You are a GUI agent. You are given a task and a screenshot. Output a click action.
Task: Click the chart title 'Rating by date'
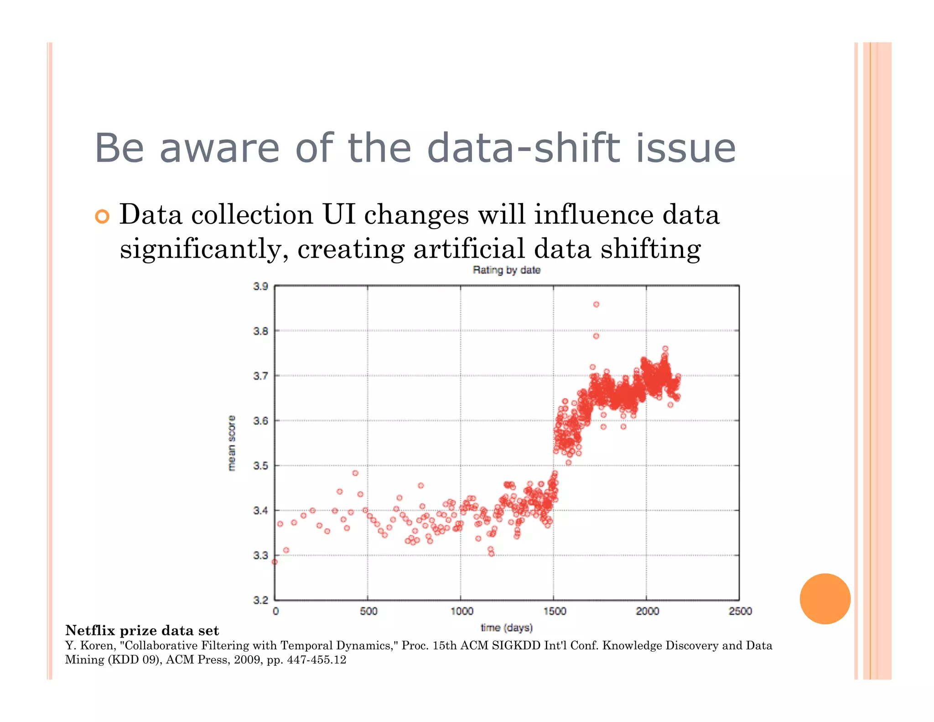(506, 270)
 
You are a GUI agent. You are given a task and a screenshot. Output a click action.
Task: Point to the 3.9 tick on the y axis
(260, 287)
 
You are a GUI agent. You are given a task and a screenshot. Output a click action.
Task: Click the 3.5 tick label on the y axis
(260, 466)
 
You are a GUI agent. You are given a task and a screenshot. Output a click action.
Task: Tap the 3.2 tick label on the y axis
(260, 600)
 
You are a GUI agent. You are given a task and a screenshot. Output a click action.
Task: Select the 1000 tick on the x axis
(462, 611)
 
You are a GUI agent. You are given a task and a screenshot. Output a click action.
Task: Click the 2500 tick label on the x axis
(740, 611)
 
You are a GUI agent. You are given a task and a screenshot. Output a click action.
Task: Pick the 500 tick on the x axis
(368, 611)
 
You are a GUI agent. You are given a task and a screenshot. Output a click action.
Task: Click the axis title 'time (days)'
(506, 628)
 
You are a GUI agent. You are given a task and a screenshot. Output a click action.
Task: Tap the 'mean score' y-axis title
(232, 443)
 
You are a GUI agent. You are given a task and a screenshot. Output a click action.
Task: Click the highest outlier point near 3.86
(596, 304)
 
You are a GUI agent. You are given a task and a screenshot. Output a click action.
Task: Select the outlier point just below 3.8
(596, 336)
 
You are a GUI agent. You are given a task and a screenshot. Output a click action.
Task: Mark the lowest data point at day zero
(275, 562)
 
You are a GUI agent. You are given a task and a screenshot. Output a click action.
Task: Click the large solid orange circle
(825, 598)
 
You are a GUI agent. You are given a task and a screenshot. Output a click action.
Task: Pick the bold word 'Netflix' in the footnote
(90, 630)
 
